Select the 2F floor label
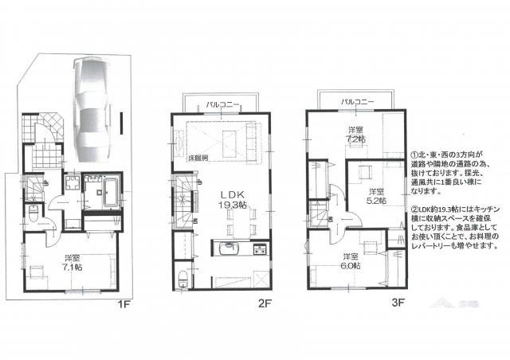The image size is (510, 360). click(x=265, y=303)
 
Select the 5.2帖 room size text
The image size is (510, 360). click(x=376, y=200)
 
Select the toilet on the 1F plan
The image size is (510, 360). click(x=32, y=213)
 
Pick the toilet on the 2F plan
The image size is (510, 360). click(x=185, y=279)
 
